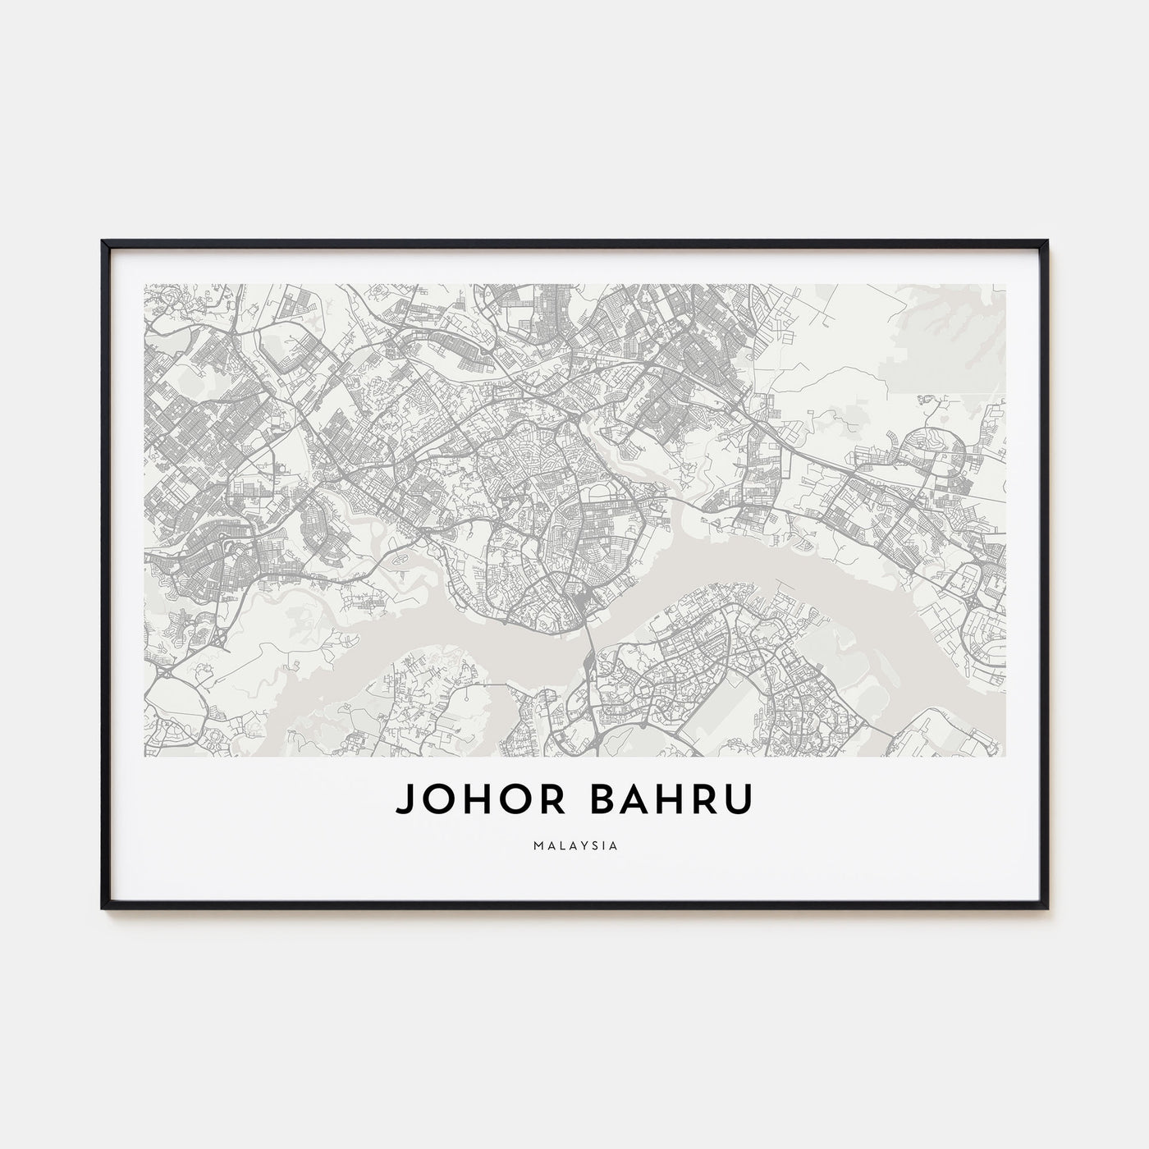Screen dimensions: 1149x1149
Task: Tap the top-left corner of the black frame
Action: [x=103, y=240]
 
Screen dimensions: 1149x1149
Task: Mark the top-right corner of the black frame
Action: [x=1046, y=240]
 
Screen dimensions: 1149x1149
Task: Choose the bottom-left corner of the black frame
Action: [x=103, y=907]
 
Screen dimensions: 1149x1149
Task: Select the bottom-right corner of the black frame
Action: [x=1046, y=907]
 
